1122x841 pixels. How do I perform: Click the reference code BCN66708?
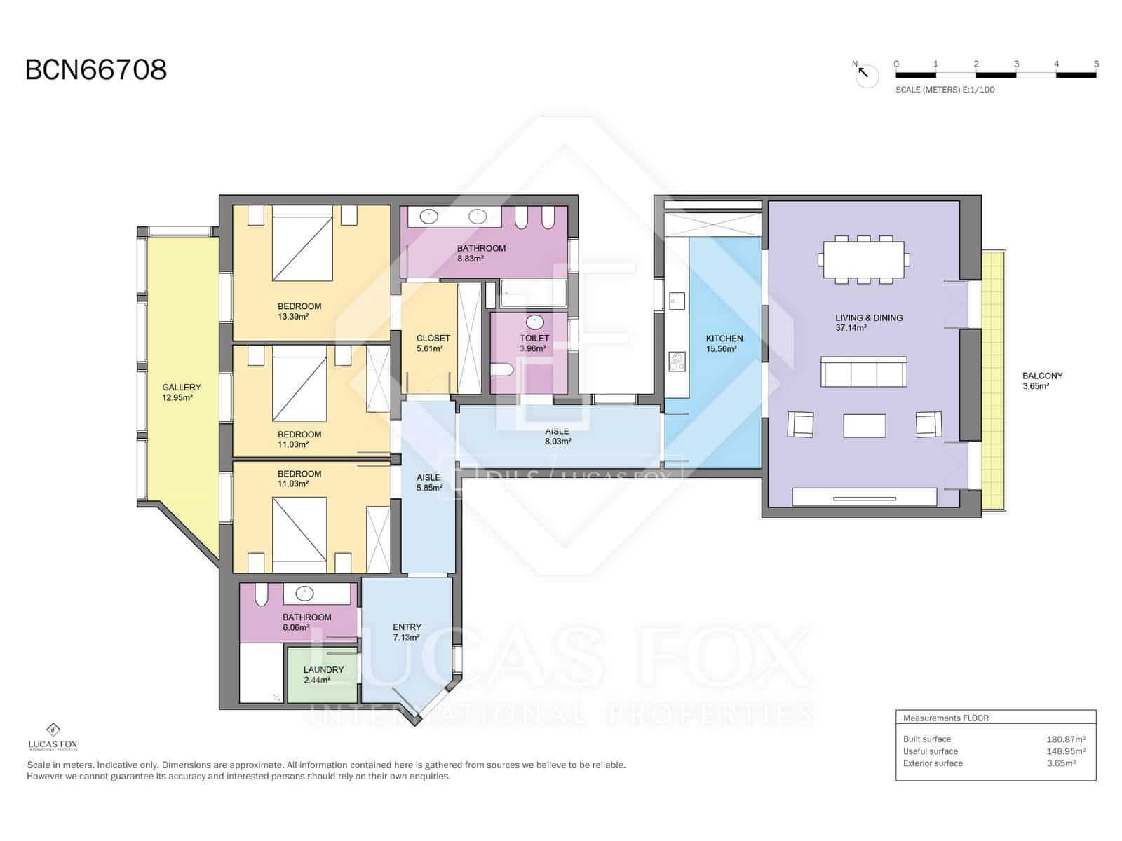click(x=96, y=70)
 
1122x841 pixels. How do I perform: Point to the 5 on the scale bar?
click(x=1095, y=64)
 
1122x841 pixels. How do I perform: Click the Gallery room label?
click(x=181, y=392)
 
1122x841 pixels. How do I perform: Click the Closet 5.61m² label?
click(x=433, y=343)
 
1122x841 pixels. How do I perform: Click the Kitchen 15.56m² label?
click(x=724, y=343)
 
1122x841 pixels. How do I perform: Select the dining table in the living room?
click(x=863, y=259)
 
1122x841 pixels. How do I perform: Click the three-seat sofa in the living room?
click(x=864, y=372)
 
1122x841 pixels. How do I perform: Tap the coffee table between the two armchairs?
click(x=864, y=425)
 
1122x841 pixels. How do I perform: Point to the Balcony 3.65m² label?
click(x=1042, y=381)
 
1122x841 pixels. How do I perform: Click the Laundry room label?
click(x=323, y=674)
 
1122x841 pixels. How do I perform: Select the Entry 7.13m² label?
click(x=407, y=632)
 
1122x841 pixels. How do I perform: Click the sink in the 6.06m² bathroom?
click(x=304, y=594)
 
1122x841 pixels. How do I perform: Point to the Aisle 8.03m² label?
click(x=557, y=436)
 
